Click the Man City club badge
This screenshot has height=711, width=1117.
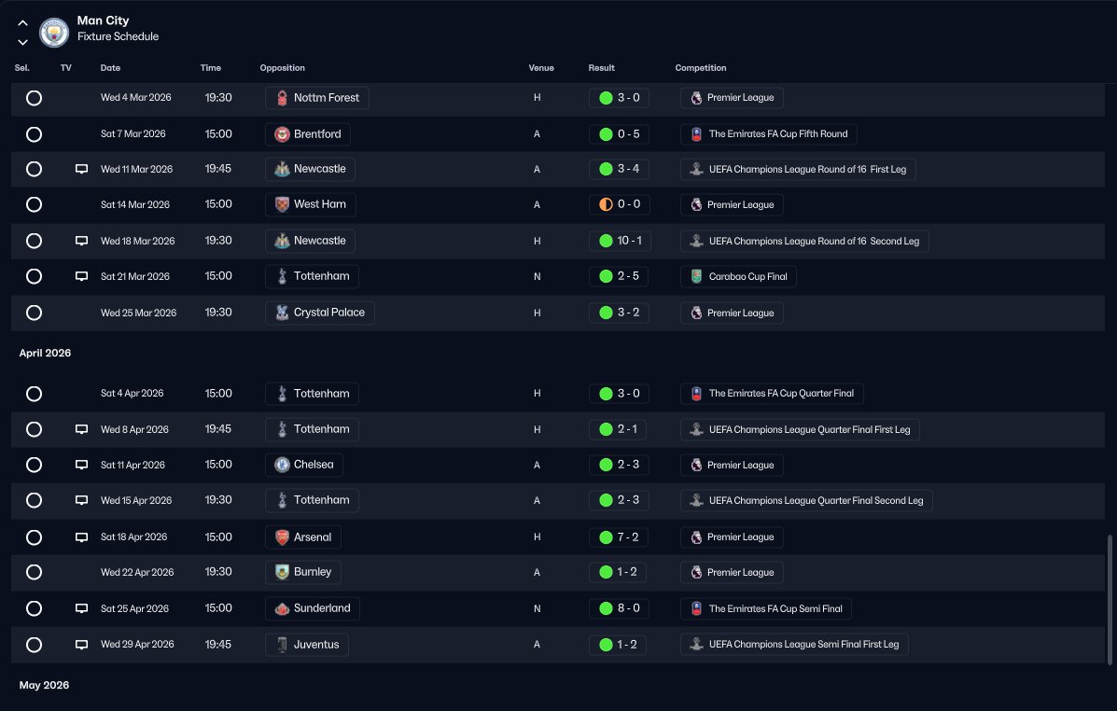pyautogui.click(x=54, y=33)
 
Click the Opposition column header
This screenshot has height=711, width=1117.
pyautogui.click(x=282, y=68)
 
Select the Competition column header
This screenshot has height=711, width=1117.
pyautogui.click(x=700, y=68)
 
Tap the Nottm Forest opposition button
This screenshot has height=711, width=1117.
pyautogui.click(x=317, y=98)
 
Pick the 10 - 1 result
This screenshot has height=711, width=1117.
pyautogui.click(x=620, y=241)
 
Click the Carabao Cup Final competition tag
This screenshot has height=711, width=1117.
pyautogui.click(x=739, y=277)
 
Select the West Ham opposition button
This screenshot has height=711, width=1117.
pyautogui.click(x=311, y=204)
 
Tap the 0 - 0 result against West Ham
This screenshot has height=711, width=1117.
pyautogui.click(x=620, y=204)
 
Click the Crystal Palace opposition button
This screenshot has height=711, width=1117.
pyautogui.click(x=320, y=313)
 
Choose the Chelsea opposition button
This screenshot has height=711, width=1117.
pyautogui.click(x=304, y=465)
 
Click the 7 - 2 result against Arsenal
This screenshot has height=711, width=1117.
pyautogui.click(x=620, y=537)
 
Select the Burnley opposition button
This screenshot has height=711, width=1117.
pyautogui.click(x=303, y=572)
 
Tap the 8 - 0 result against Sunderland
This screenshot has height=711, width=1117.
pyautogui.click(x=620, y=608)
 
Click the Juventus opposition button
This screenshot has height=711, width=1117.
pyautogui.click(x=307, y=644)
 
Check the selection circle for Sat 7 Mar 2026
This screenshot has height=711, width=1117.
pyautogui.click(x=35, y=134)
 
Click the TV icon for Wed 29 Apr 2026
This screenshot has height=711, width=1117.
pyautogui.click(x=81, y=645)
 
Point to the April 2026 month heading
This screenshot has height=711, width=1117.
pyautogui.click(x=45, y=354)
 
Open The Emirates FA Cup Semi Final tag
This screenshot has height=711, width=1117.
pyautogui.click(x=765, y=609)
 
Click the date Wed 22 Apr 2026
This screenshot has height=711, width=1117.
pyautogui.click(x=137, y=573)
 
